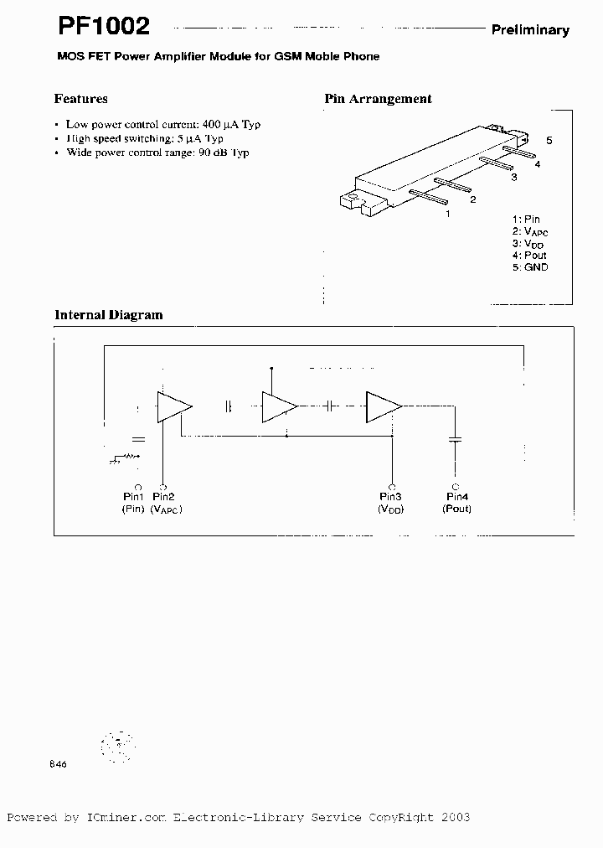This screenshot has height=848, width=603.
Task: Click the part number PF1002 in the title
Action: (104, 26)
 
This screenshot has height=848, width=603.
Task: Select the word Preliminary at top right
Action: (529, 30)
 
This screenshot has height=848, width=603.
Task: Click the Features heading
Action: (80, 99)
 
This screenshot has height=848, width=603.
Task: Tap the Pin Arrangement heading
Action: (378, 99)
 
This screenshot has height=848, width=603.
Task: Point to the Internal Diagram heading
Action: (108, 315)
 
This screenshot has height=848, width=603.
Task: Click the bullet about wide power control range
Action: (157, 153)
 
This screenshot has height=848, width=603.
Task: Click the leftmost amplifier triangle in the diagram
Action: (173, 406)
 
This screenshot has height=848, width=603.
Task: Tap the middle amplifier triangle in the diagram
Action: (278, 406)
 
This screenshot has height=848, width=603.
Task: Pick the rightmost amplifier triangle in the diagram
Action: (382, 406)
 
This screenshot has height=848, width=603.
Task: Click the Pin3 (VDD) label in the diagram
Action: (390, 503)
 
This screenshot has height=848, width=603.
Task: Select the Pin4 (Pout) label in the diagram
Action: (457, 503)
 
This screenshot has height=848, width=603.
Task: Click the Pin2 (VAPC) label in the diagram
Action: (166, 503)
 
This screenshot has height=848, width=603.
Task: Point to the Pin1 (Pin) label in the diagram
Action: (134, 503)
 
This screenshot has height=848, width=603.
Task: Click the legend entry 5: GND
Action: (530, 267)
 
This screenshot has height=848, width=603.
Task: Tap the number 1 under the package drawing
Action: (448, 214)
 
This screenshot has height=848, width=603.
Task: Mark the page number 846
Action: (58, 764)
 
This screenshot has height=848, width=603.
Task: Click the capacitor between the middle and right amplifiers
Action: (330, 406)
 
